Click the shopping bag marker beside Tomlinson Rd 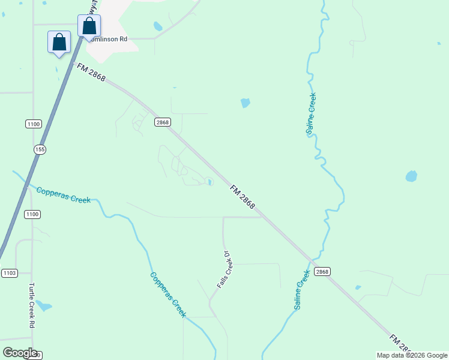click(89, 26)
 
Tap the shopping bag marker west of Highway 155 click(59, 43)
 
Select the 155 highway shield click(40, 149)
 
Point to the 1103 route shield click(9, 273)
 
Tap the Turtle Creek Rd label click(31, 305)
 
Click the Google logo click(20, 353)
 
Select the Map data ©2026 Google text click(412, 355)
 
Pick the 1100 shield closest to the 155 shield click(33, 124)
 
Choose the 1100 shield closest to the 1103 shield click(32, 214)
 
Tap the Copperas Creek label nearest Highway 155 click(63, 195)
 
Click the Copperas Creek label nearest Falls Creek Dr click(168, 295)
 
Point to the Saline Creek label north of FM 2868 click(310, 114)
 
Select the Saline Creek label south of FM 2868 click(302, 290)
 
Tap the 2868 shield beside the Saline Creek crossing click(322, 271)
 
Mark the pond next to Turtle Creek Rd click(43, 306)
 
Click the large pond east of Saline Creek click(411, 176)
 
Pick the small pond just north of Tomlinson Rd click(158, 26)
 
